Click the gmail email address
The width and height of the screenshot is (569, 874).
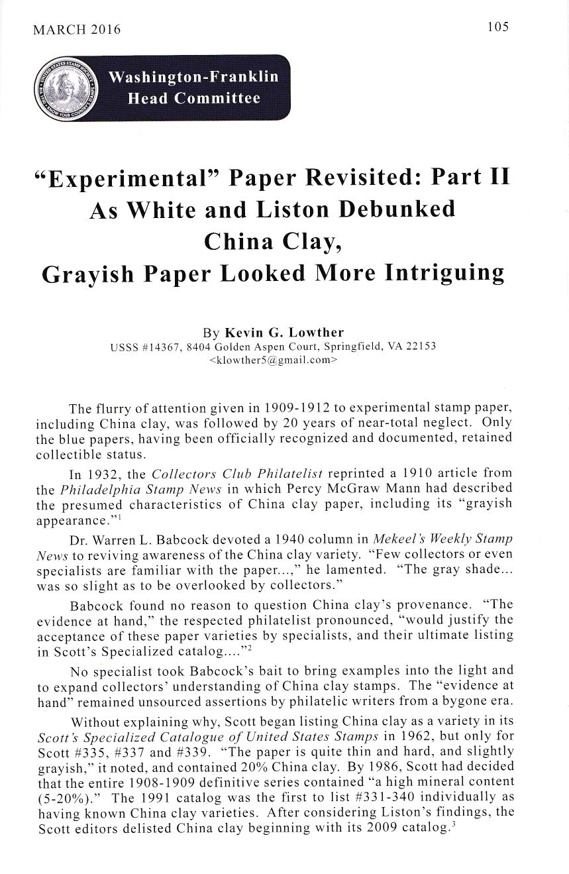pyautogui.click(x=273, y=361)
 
